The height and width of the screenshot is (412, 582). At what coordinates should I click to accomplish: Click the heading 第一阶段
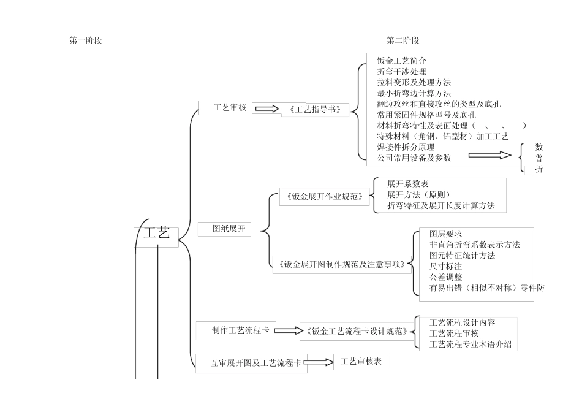[86, 40]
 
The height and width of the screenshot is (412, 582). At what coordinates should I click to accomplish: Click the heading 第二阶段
[402, 40]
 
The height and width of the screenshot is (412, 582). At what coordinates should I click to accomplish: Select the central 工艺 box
[156, 235]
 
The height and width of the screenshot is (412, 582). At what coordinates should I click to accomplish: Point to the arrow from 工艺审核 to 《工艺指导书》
[266, 109]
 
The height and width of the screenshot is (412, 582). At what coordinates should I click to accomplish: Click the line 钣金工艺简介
[401, 61]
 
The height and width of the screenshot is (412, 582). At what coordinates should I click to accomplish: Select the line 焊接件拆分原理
[406, 147]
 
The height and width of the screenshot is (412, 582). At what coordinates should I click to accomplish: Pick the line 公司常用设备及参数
[414, 158]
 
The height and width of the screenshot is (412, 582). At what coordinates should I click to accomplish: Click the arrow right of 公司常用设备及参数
[490, 156]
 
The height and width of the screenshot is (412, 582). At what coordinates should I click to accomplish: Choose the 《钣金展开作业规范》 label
[324, 197]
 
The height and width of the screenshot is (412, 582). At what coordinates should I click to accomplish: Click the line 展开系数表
[407, 184]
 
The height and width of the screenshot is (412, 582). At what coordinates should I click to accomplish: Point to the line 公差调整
[445, 277]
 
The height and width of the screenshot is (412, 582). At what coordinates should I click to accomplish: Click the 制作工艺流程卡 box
[235, 330]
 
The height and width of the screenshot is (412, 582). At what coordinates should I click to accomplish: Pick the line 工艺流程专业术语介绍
[470, 344]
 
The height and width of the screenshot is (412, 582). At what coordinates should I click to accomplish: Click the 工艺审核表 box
[360, 362]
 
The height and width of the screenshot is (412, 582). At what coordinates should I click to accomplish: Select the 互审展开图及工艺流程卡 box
[251, 364]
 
